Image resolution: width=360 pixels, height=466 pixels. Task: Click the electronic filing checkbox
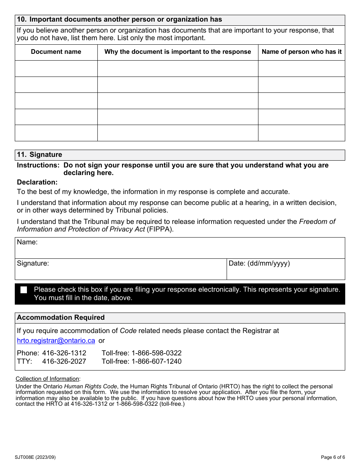pos(24,290)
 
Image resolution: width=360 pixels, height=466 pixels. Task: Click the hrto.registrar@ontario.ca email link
pos(56,341)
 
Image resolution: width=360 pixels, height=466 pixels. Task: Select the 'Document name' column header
pos(56,52)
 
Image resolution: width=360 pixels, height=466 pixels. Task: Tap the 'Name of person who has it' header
pos(302,52)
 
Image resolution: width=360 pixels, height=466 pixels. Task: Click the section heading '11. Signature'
pos(39,155)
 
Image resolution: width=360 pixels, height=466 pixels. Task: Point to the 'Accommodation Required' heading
pos(61,317)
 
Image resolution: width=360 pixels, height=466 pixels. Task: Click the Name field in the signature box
pos(180,248)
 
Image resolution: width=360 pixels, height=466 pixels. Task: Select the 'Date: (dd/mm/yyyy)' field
pos(286,269)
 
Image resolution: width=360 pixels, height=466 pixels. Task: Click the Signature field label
pos(33,263)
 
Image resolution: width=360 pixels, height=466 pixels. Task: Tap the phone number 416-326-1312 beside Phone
pos(64,353)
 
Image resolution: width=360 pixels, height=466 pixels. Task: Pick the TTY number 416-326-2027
pos(64,361)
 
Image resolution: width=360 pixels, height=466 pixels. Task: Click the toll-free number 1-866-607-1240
pos(156,361)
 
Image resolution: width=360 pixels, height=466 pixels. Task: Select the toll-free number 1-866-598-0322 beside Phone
pos(156,353)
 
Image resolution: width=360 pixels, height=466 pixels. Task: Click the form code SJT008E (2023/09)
pos(35,457)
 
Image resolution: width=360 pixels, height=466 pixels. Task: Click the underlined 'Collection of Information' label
pos(47,379)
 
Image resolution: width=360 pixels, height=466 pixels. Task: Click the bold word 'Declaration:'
pos(37,182)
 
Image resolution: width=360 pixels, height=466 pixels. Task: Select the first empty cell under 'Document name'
pos(56,69)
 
